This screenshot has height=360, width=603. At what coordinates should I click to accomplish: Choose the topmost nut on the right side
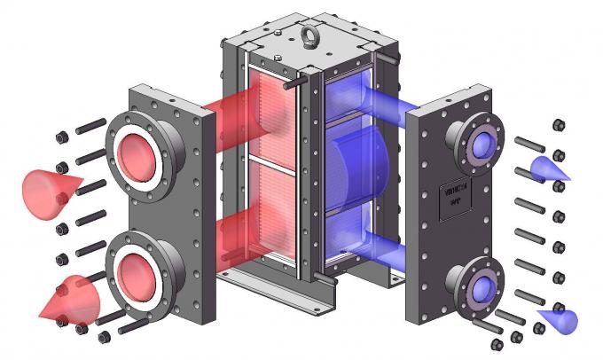(x=560, y=124)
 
